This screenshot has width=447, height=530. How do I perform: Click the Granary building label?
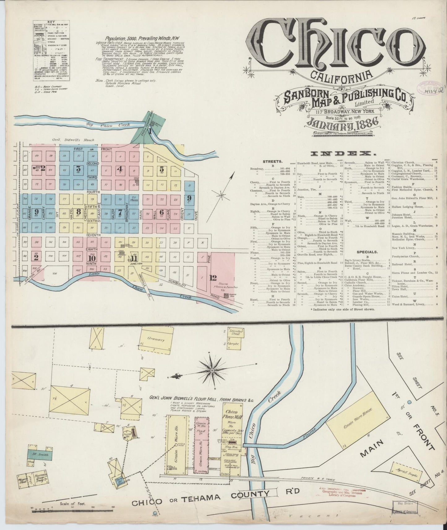(156, 340)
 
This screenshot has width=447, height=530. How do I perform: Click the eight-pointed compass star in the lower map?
(213, 370)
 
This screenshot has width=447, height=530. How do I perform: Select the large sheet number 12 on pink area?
(213, 277)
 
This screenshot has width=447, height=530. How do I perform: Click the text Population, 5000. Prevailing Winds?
(142, 38)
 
